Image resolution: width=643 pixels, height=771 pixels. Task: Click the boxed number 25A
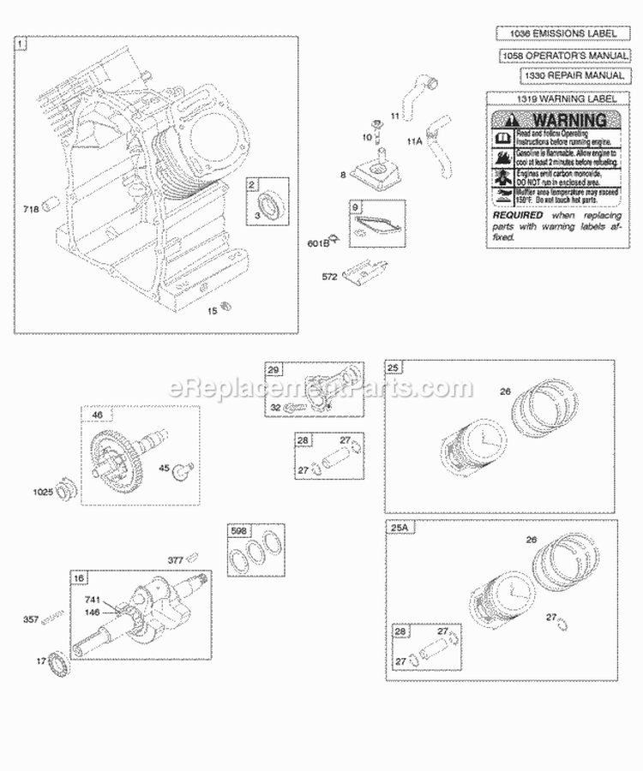click(x=399, y=529)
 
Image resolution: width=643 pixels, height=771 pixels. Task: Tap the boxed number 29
click(x=274, y=369)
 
